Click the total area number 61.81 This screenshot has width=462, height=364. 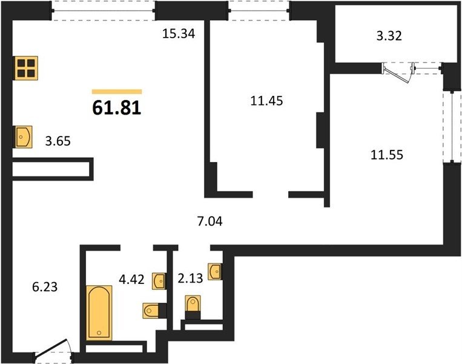pyautogui.click(x=117, y=107)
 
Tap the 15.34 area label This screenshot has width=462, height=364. pyautogui.click(x=179, y=33)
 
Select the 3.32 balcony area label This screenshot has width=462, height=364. pyautogui.click(x=389, y=36)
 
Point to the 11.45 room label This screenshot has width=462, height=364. pyautogui.click(x=266, y=101)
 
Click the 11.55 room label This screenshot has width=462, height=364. pyautogui.click(x=386, y=155)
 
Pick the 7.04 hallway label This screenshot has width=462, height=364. pyautogui.click(x=210, y=221)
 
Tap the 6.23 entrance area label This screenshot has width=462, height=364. pyautogui.click(x=45, y=287)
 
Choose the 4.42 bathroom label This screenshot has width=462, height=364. pyautogui.click(x=132, y=279)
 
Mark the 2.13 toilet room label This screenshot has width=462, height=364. pyautogui.click(x=190, y=278)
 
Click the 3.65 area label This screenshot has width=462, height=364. pyautogui.click(x=58, y=141)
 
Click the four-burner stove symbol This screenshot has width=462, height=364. pyautogui.click(x=26, y=68)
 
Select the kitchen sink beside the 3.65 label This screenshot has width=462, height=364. pyautogui.click(x=23, y=136)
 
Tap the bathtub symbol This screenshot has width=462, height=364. pyautogui.click(x=99, y=312)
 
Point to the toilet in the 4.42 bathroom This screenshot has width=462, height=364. pyautogui.click(x=151, y=311)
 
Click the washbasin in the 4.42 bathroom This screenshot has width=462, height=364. pyautogui.click(x=159, y=281)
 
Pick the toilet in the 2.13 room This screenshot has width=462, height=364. pyautogui.click(x=193, y=303)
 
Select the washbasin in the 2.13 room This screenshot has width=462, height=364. pyautogui.click(x=214, y=272)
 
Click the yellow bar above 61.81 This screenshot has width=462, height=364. pyautogui.click(x=117, y=92)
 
